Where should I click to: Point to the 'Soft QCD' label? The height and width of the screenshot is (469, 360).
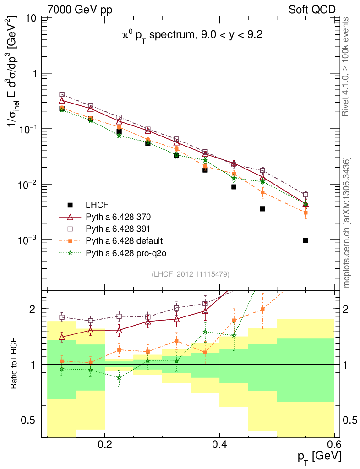click(312, 10)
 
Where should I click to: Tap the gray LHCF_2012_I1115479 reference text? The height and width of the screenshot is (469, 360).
click(190, 274)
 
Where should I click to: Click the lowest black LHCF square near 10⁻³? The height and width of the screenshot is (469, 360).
click(305, 240)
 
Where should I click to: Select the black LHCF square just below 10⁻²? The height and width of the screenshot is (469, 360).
click(234, 187)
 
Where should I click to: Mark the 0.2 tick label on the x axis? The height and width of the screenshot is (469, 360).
click(105, 445)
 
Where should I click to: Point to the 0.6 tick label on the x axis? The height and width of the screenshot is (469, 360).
click(334, 445)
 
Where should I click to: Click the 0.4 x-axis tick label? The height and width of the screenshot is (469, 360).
click(219, 445)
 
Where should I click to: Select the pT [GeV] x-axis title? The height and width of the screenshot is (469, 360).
click(319, 457)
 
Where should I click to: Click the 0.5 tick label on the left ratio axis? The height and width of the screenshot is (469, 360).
click(29, 420)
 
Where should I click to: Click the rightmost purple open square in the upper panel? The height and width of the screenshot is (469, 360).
click(305, 195)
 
